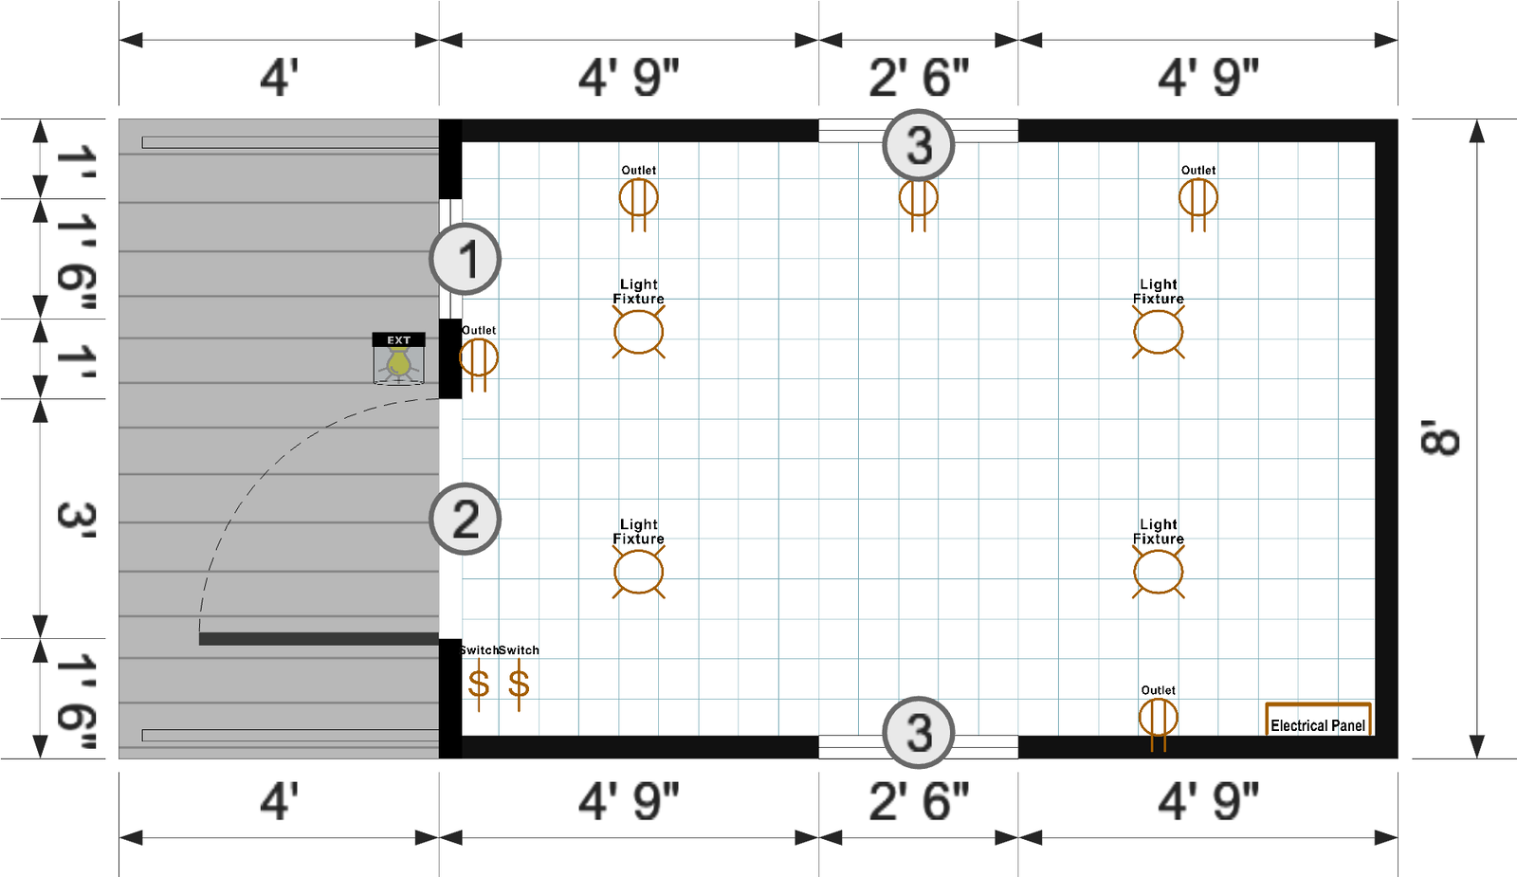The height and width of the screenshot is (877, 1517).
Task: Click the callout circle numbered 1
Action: click(x=465, y=259)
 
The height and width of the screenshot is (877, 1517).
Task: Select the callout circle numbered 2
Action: click(x=465, y=519)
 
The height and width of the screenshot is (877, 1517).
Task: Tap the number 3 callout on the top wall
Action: click(x=919, y=145)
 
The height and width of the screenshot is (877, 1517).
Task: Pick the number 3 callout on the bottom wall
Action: click(x=919, y=732)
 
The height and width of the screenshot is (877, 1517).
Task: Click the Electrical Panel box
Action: click(x=1318, y=720)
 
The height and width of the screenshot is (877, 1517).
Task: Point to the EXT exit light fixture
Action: click(x=399, y=359)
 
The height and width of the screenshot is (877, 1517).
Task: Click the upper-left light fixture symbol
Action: click(x=639, y=332)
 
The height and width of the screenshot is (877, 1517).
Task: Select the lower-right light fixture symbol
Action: click(x=1158, y=572)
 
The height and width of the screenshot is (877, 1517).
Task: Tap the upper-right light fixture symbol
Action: click(x=1158, y=332)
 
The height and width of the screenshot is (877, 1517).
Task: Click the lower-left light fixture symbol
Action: click(x=639, y=572)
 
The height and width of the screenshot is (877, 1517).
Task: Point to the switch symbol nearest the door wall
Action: click(x=479, y=684)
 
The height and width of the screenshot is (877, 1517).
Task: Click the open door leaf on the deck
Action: click(x=319, y=639)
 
